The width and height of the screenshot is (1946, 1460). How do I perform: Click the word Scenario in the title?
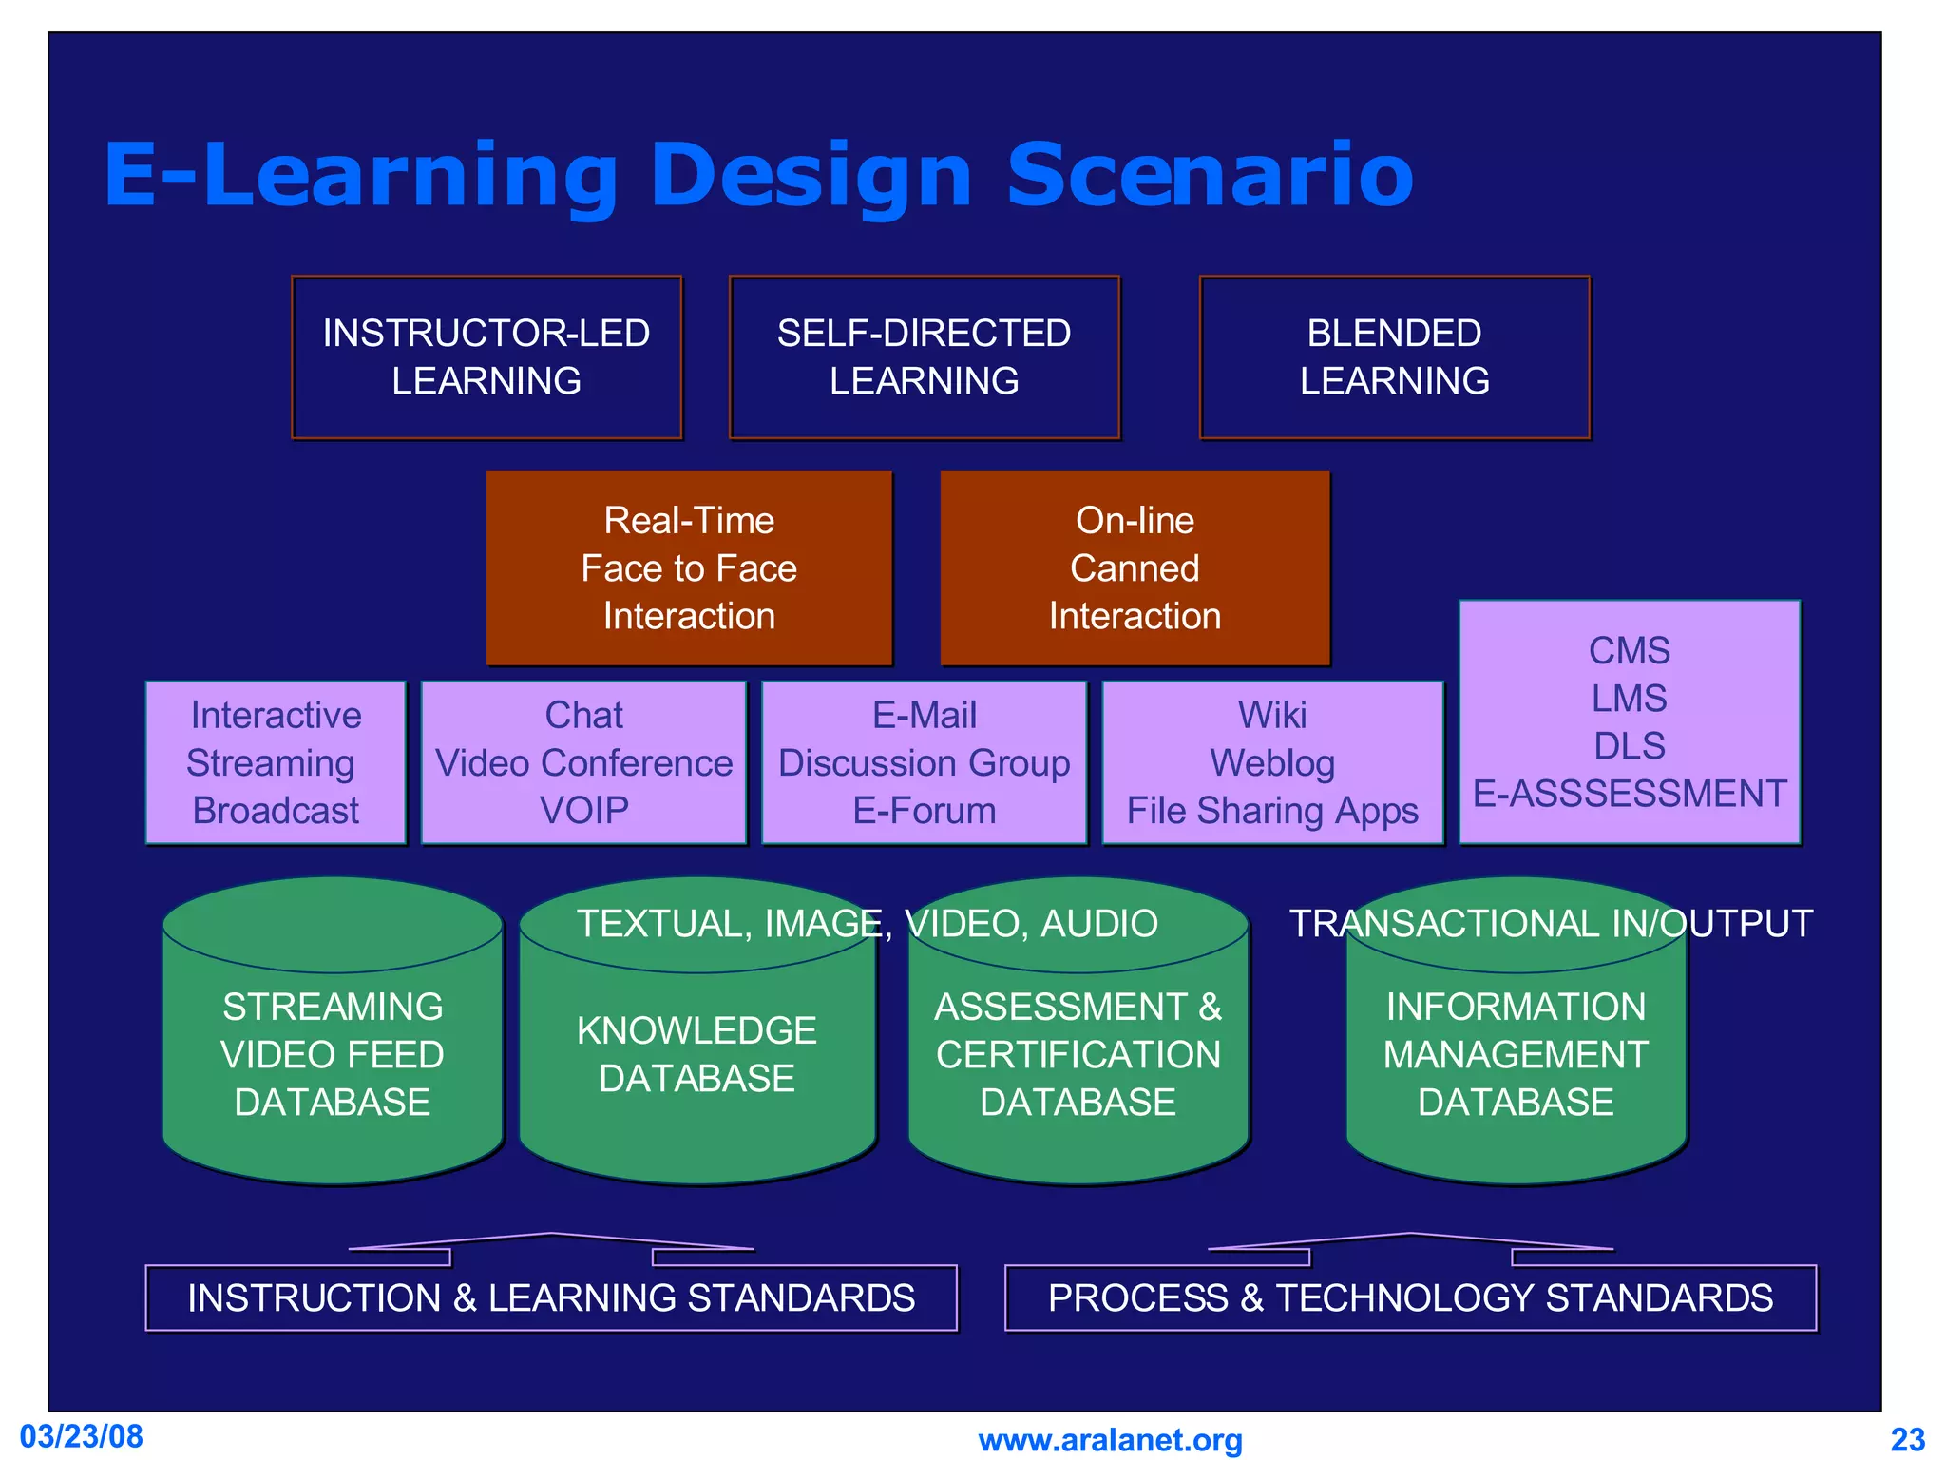tap(1210, 176)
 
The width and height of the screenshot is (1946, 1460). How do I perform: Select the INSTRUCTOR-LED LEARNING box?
tap(486, 357)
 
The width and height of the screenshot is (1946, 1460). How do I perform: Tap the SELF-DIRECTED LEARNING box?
tap(924, 357)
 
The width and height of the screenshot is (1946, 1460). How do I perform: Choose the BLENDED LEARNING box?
tap(1394, 357)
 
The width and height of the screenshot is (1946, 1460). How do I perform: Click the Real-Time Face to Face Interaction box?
tap(689, 568)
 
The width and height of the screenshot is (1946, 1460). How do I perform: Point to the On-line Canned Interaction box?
tap(1135, 568)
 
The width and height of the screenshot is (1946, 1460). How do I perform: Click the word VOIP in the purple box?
tap(583, 811)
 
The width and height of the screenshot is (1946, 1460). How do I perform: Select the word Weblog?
tap(1272, 763)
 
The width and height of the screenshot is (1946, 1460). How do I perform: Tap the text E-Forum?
tap(924, 811)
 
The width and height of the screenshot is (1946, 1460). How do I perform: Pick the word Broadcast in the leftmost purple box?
tap(276, 811)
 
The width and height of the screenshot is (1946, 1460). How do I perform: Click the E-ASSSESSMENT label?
tap(1630, 794)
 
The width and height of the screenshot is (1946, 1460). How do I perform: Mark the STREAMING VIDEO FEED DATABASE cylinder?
tap(333, 1054)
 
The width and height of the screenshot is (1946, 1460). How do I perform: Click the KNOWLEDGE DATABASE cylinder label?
tap(696, 1054)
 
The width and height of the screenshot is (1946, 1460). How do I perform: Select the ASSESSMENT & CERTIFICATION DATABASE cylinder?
tap(1078, 1054)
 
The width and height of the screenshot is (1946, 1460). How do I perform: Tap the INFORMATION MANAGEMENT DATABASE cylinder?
tap(1516, 1054)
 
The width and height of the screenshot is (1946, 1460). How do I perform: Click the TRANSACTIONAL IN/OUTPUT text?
tap(1551, 924)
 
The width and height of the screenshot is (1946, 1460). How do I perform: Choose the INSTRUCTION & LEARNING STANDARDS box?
tap(551, 1298)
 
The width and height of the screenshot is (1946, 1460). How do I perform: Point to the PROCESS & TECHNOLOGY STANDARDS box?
tap(1410, 1298)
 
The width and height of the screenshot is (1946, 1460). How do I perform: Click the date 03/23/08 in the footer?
tap(82, 1436)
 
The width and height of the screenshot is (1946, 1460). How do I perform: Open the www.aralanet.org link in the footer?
tap(1110, 1440)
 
